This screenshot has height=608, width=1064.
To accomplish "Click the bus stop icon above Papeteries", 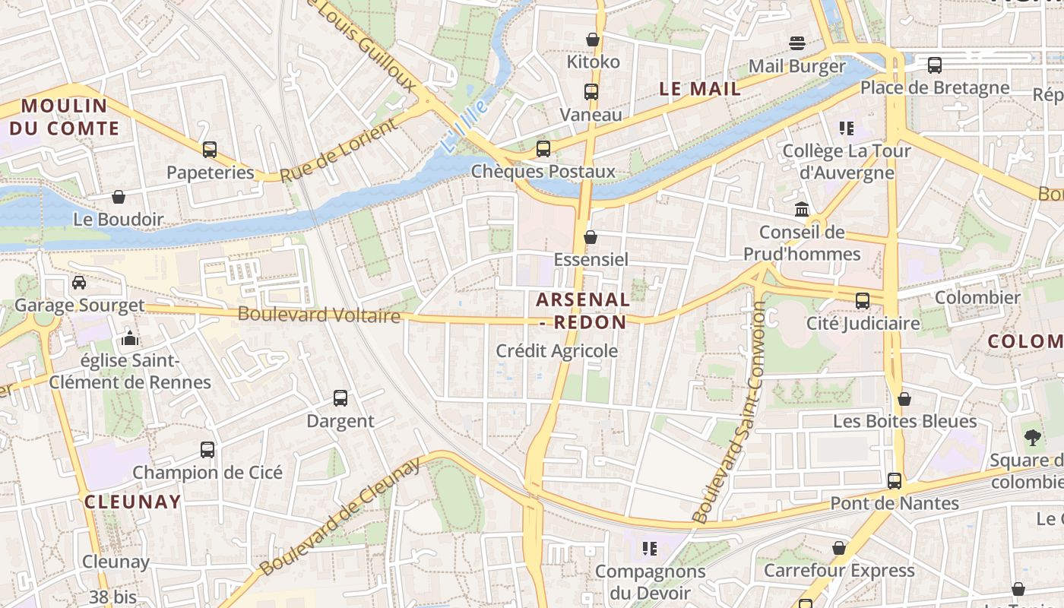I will coord(210,150).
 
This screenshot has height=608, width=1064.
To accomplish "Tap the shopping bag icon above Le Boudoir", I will coord(119,198).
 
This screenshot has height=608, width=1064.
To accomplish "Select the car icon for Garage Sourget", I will coord(79,283).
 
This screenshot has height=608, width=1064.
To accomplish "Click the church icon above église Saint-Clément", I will coord(130,337).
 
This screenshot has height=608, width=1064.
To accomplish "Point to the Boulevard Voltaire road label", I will coord(318,314).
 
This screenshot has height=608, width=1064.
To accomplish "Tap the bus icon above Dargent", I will coord(340,397).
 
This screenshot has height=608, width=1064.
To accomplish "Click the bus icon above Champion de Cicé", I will coord(207,449).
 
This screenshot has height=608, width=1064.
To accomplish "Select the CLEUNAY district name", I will coord(133,502).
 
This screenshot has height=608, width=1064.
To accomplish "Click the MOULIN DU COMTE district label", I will coord(65,117).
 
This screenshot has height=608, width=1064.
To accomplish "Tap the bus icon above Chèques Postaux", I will coord(543,149).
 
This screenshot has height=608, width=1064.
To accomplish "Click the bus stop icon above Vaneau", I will coord(591,92).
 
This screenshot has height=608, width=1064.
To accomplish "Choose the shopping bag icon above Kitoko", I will coord(593,40).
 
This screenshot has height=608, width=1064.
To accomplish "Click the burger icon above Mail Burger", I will coord(796,43).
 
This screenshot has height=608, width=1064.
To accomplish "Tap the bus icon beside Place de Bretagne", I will coord(935,65).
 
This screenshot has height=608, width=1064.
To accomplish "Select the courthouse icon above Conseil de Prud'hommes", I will coord(802,209).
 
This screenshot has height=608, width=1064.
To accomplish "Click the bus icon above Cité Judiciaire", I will coord(863,301).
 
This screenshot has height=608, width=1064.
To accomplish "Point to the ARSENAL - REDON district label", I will coord(583,310).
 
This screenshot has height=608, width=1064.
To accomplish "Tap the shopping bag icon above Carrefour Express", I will coord(839,548).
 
